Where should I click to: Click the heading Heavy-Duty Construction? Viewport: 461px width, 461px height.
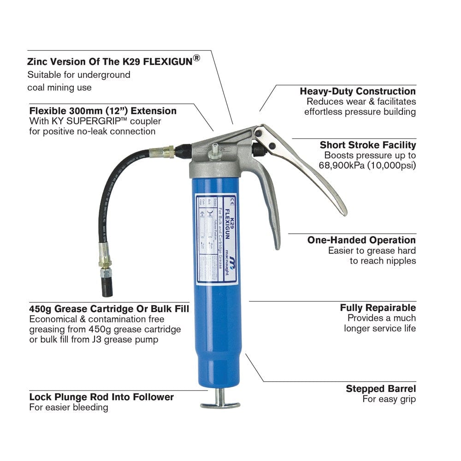[357, 91]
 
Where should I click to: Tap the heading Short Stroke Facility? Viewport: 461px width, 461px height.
[367, 145]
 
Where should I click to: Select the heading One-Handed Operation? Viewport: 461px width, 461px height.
[361, 240]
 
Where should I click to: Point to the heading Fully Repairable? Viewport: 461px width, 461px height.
[378, 307]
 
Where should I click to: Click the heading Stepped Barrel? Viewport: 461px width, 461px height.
[380, 389]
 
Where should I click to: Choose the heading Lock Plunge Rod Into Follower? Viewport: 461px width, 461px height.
[101, 397]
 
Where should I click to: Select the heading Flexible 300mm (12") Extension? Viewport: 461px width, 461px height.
[102, 111]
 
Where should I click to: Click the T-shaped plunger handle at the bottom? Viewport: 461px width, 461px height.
[220, 403]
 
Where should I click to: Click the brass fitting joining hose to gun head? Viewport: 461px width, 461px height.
[165, 151]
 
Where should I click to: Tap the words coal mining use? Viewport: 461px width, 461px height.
[59, 87]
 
